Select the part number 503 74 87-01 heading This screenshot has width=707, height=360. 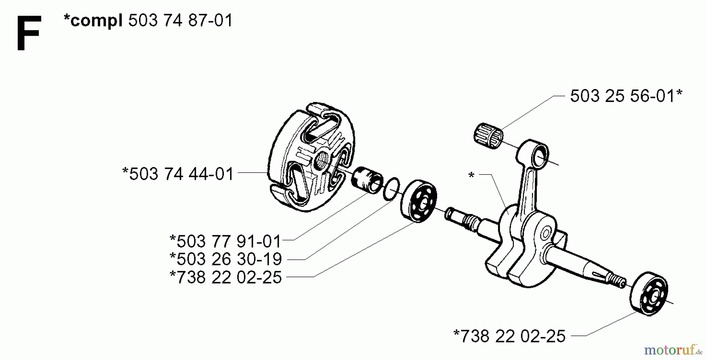tap(181, 20)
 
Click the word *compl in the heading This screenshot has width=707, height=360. tap(93, 20)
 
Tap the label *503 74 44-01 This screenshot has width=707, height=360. tap(178, 174)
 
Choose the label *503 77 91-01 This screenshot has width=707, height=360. tap(225, 241)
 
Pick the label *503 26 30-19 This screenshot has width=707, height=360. tap(225, 259)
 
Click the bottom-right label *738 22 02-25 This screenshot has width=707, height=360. tap(509, 336)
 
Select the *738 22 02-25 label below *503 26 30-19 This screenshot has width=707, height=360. tap(225, 278)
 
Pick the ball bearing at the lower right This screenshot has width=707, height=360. tap(649, 293)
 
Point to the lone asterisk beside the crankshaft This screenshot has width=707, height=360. tap(472, 175)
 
